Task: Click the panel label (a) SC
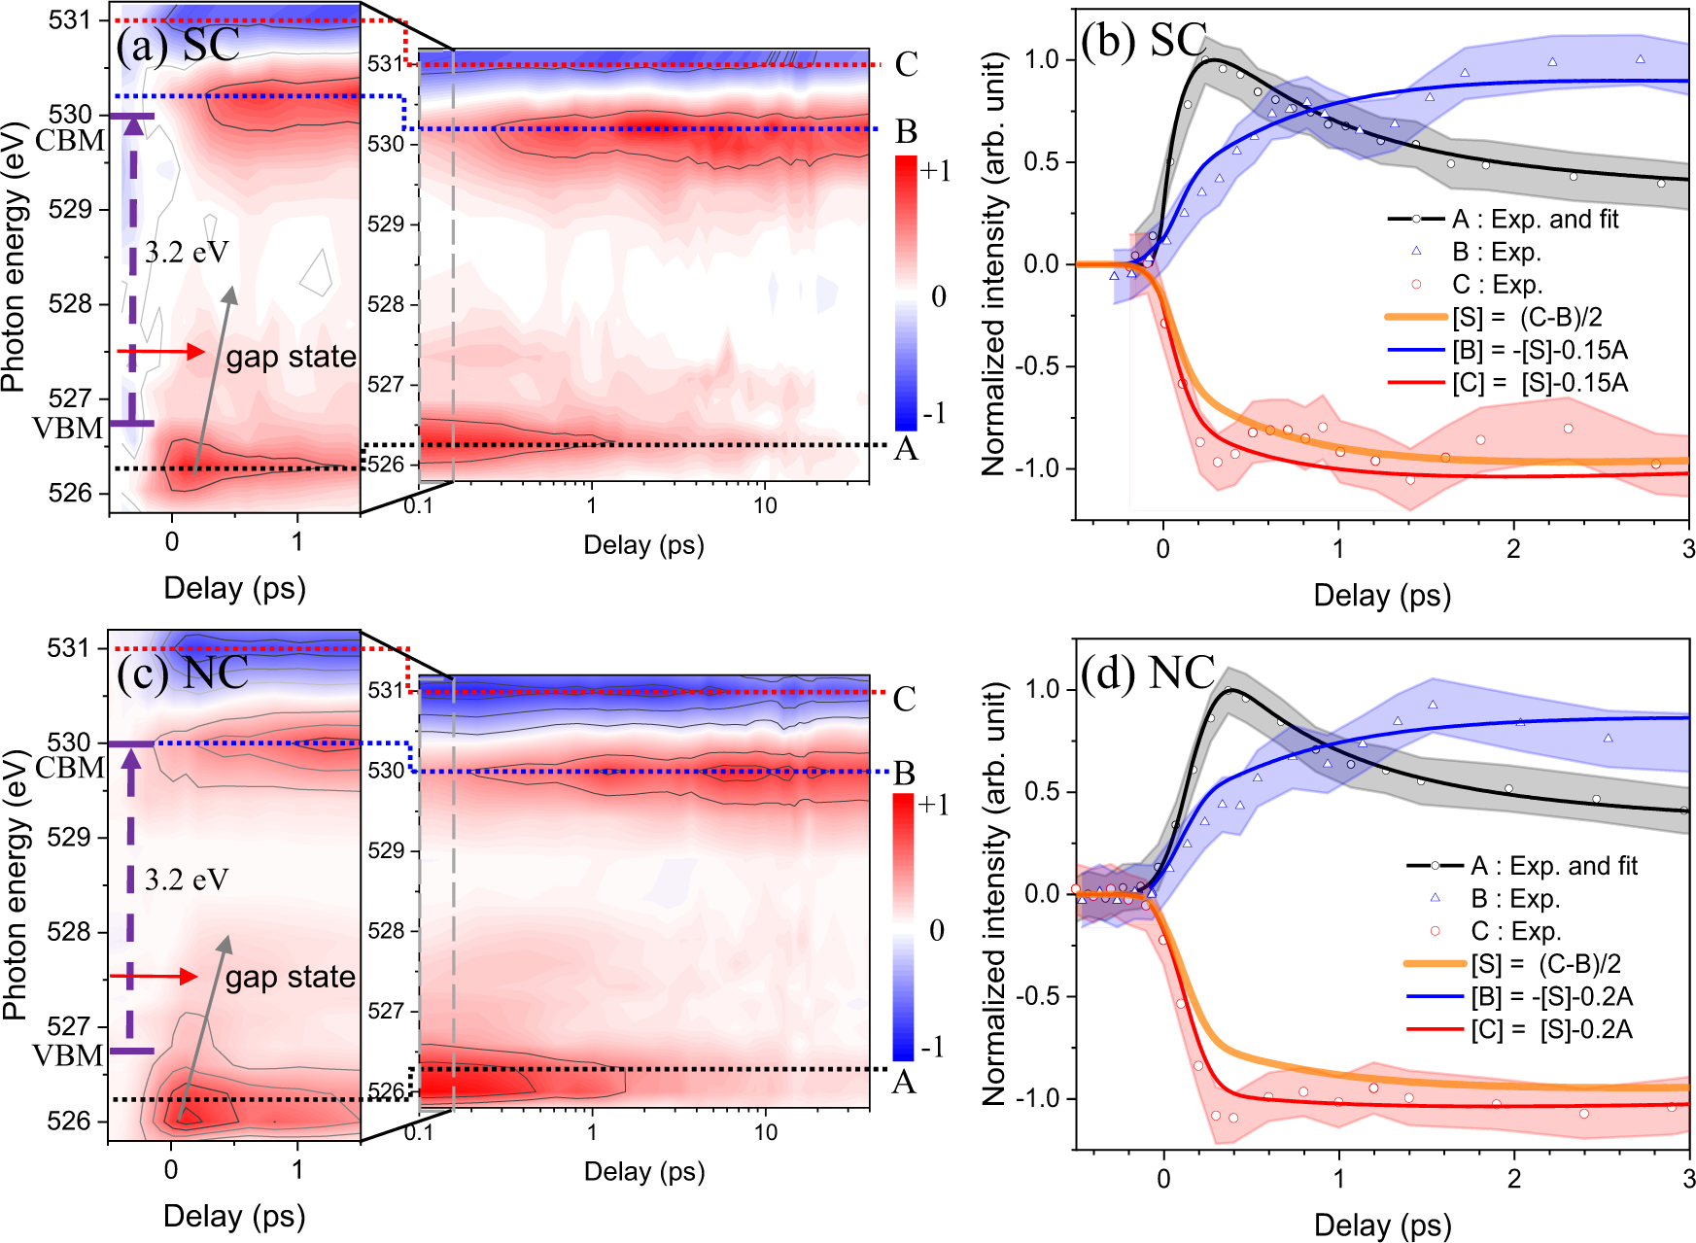point(177,45)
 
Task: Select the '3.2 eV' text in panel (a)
point(186,253)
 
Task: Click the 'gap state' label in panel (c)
point(290,977)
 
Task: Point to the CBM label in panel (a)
point(69,141)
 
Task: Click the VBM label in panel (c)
point(68,1055)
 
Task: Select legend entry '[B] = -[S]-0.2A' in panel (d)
point(1551,996)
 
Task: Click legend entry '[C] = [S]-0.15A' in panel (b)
point(1540,383)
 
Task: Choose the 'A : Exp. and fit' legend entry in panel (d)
point(1553,865)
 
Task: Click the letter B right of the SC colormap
point(906,131)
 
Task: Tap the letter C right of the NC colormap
point(904,699)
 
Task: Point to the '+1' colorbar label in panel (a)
point(935,172)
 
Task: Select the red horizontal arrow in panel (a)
point(160,352)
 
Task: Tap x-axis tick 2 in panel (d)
point(1514,1179)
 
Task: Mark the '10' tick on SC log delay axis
point(765,505)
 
